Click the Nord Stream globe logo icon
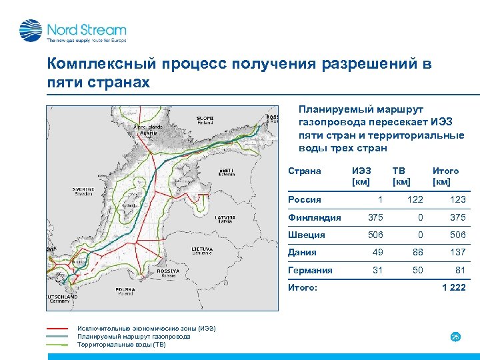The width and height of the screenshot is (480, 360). pos(31,31)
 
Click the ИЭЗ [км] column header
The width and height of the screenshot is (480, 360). pos(361,176)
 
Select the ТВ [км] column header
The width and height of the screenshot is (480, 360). pos(401,176)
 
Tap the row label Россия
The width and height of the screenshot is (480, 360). pos(304,199)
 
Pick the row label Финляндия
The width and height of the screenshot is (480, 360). pos(314,217)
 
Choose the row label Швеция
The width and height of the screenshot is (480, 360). pos(306,235)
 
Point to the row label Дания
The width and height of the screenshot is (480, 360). pos(302,253)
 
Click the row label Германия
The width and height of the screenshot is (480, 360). pos(310,270)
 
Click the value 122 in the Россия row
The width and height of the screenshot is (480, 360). pos(415,199)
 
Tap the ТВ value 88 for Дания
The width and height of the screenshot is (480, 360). pos(417,253)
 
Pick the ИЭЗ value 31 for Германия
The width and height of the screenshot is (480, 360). pos(377,270)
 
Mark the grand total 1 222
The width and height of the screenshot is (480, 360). pos(453,288)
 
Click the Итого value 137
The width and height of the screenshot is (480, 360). pos(457,253)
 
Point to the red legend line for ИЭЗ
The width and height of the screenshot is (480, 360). pos(58,329)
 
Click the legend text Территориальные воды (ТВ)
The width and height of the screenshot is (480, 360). pos(121,345)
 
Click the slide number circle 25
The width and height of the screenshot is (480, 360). pos(456,337)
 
